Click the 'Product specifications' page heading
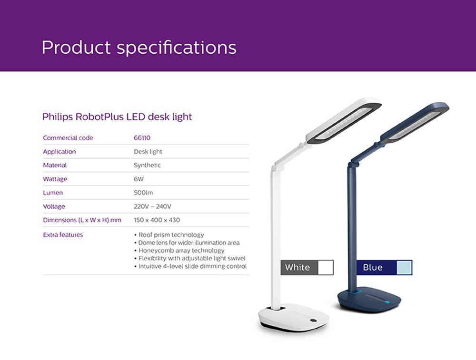click(139, 48)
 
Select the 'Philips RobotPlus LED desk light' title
click(117, 117)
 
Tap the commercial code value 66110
click(142, 138)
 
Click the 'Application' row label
click(59, 152)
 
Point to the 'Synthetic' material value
click(147, 165)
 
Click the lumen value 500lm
click(143, 193)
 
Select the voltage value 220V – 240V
click(152, 207)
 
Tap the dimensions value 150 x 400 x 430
click(157, 221)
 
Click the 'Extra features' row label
click(63, 235)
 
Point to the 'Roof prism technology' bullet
click(171, 235)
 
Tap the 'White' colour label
click(297, 267)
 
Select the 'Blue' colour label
click(373, 267)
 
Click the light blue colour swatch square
click(404, 267)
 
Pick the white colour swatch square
click(326, 267)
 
